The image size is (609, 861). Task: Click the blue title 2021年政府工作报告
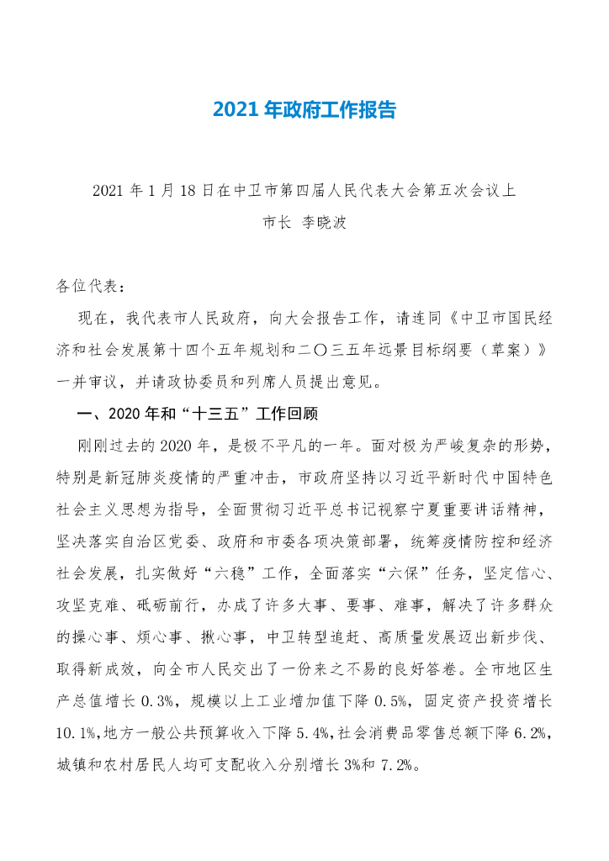(x=304, y=110)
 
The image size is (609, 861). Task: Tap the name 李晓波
(x=324, y=224)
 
